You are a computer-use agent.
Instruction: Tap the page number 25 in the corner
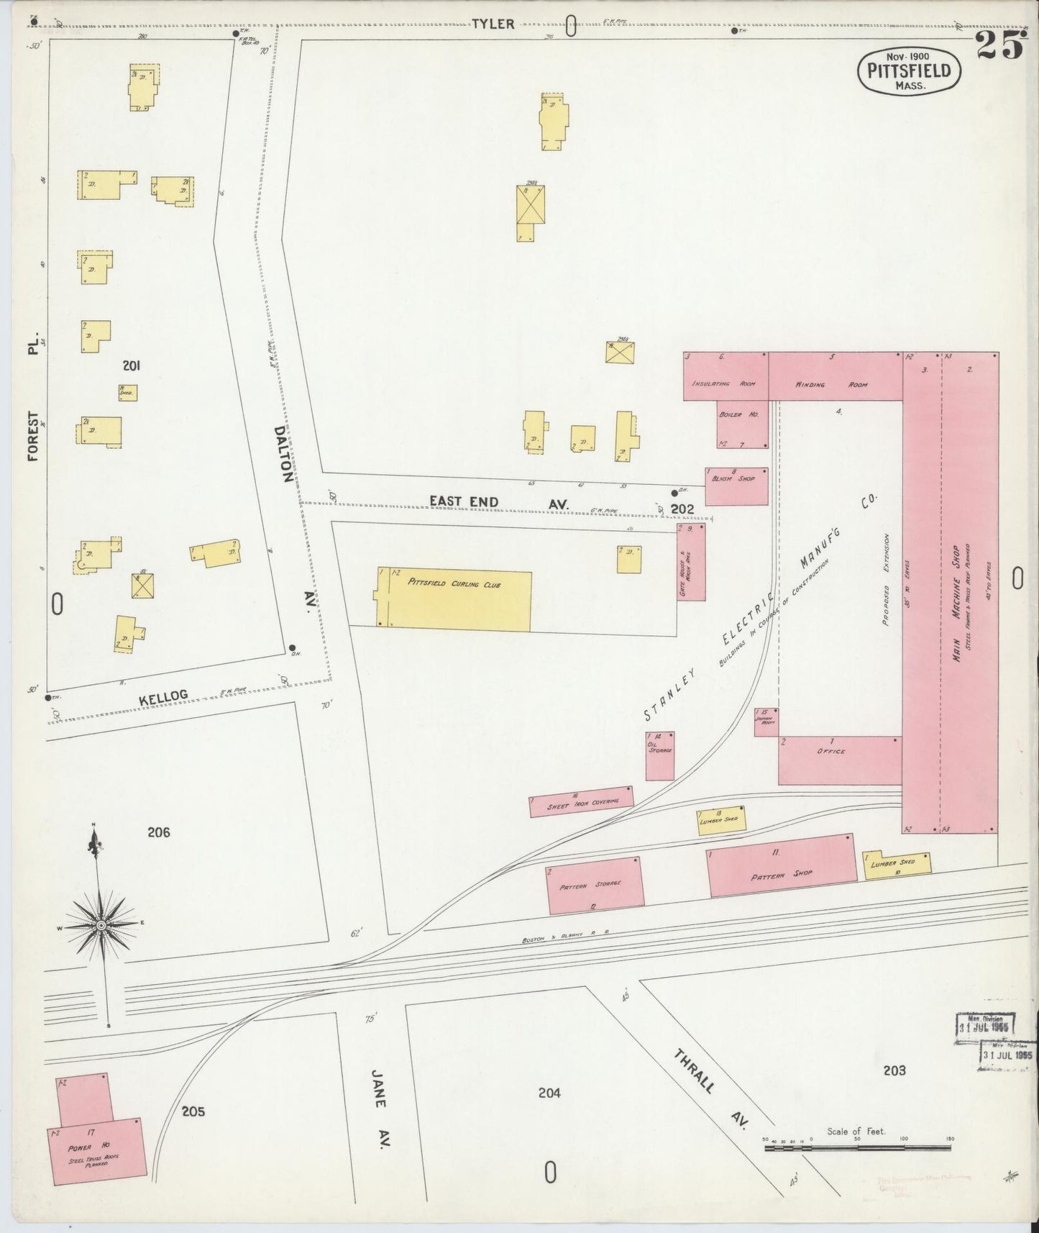(x=999, y=47)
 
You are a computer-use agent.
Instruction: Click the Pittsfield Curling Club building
(x=454, y=601)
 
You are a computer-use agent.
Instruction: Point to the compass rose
(x=101, y=924)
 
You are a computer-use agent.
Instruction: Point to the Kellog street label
(x=163, y=696)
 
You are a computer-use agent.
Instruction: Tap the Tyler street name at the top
(x=493, y=24)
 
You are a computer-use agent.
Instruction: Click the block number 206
(x=158, y=832)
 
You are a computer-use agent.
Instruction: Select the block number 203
(x=894, y=1070)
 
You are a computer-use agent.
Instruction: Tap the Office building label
(x=831, y=751)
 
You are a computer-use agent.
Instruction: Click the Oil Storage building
(x=659, y=755)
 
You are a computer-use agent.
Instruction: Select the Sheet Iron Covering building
(x=582, y=801)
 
